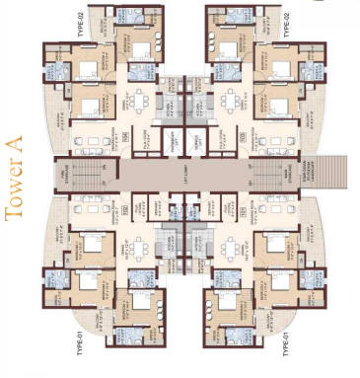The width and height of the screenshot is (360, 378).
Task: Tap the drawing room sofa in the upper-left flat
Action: [95, 143]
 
